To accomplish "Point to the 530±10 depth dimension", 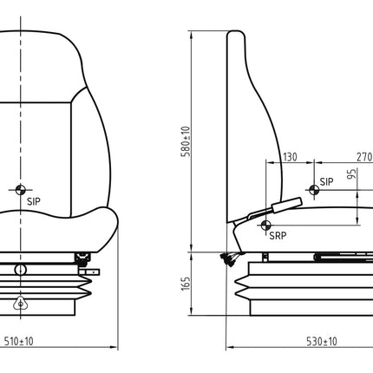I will tap(321, 341).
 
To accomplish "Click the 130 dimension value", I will tap(289, 156).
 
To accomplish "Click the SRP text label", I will tap(277, 235).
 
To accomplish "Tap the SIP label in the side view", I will tap(326, 181).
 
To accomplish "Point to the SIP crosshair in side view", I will tap(311, 190).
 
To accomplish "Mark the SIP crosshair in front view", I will tap(19, 189).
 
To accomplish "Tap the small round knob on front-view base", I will tap(19, 270).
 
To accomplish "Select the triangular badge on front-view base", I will tap(19, 304).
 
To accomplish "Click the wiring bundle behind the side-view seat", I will tap(229, 258).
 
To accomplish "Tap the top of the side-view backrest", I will tap(234, 35).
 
